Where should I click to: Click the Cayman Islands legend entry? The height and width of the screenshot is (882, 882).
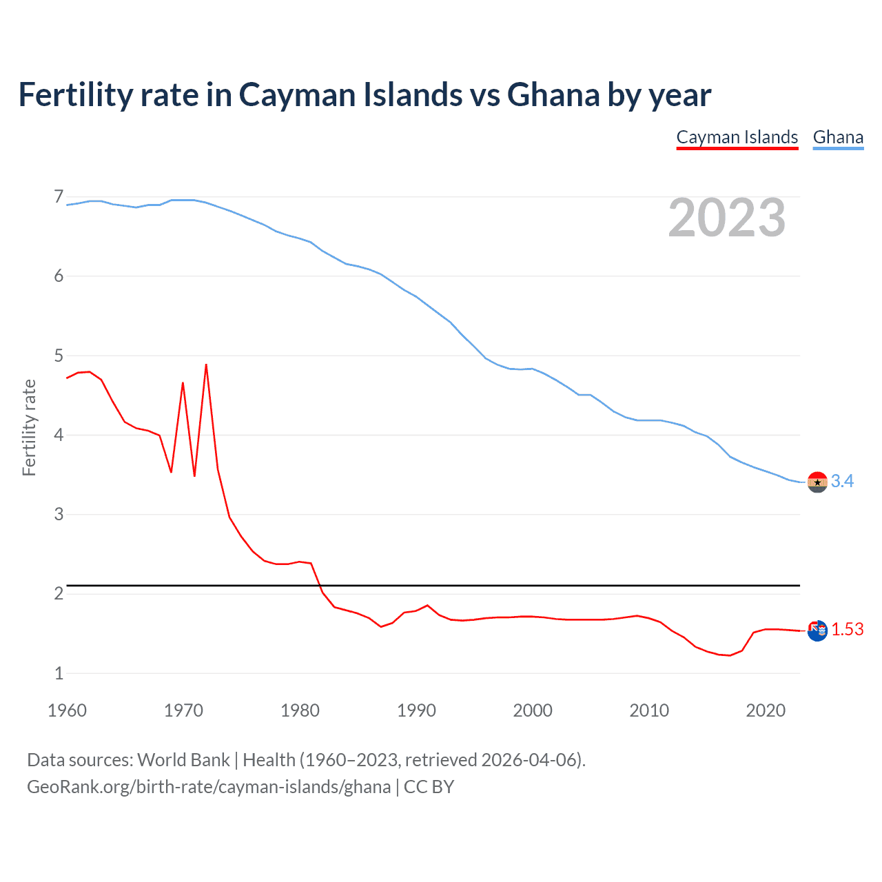737,137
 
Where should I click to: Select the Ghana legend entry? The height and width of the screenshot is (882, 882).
838,137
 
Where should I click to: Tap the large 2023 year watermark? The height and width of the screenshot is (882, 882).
726,218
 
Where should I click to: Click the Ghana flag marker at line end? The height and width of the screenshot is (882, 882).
817,482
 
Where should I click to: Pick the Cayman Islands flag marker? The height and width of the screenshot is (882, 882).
817,630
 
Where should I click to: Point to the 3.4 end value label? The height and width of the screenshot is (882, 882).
842,481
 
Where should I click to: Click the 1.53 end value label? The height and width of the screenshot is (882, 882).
847,629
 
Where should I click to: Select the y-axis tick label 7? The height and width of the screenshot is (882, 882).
59,197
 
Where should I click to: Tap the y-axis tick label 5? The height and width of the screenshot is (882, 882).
59,356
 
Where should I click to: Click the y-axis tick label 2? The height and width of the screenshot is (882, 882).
59,593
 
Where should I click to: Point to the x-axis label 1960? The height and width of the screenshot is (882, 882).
67,710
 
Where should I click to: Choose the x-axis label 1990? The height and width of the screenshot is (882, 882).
416,710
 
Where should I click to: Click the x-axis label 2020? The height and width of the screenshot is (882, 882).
766,710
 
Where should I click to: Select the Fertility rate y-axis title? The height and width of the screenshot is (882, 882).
29,427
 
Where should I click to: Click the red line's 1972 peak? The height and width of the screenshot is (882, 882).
206,365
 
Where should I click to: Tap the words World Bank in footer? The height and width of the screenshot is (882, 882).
183,759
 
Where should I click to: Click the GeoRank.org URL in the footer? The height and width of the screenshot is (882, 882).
208,787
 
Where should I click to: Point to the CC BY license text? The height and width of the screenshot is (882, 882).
429,787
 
